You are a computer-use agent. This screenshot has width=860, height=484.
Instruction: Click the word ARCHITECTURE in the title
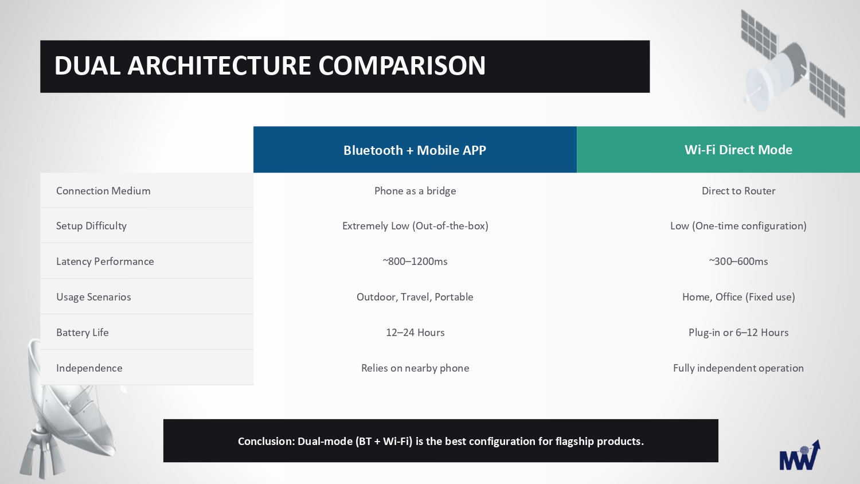point(219,65)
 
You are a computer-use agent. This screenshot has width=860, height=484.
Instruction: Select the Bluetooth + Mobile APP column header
point(415,150)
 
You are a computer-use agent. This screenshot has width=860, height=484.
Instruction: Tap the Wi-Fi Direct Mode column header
point(738,150)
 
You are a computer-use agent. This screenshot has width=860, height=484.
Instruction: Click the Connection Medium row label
point(103,191)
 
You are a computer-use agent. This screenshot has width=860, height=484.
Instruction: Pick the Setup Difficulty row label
point(91,226)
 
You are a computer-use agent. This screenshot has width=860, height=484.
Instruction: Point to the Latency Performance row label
point(105,261)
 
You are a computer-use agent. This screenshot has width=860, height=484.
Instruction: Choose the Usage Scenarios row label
point(93,297)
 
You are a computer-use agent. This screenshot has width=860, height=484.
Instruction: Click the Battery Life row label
point(83,332)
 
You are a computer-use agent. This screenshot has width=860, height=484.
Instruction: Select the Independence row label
point(89,368)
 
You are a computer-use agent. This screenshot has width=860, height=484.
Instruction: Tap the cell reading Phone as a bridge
point(415,191)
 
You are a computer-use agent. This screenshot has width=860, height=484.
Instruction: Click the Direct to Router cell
point(738,191)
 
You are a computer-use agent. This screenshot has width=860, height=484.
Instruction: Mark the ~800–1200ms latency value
point(415,261)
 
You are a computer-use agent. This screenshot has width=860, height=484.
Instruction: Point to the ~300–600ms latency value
point(738,261)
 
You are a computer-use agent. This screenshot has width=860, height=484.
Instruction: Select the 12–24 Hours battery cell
point(415,332)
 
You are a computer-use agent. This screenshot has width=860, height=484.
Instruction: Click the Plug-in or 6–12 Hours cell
point(738,332)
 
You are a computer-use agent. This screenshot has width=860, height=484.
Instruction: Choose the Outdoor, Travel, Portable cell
point(415,297)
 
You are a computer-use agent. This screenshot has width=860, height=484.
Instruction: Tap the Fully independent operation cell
point(738,368)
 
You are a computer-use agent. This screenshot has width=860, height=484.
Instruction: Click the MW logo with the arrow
point(800,455)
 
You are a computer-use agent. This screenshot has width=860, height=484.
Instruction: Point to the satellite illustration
point(793,64)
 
